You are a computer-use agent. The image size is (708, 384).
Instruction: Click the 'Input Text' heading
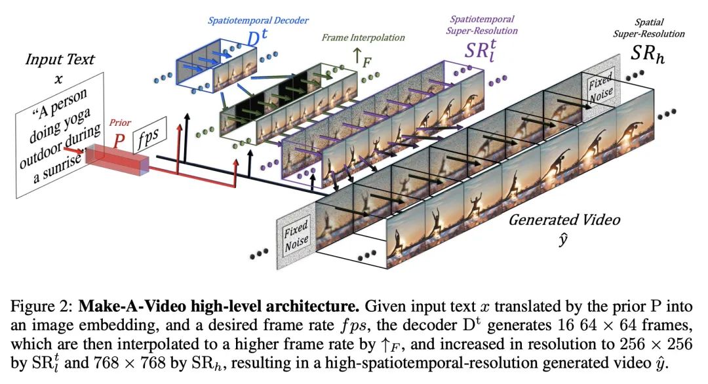60,59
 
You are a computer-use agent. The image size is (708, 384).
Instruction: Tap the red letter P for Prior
119,140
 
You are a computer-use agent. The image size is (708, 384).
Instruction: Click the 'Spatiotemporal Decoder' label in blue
258,20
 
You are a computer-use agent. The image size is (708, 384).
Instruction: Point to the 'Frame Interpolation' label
363,37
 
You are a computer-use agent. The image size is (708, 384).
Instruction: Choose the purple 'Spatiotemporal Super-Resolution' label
482,25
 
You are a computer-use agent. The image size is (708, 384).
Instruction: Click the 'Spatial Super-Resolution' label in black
649,28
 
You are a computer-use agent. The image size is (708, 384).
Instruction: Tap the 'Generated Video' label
564,220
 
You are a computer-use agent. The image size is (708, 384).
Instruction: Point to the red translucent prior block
117,160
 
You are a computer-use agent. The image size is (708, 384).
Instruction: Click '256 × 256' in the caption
656,344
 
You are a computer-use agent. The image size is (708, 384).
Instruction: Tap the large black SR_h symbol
648,54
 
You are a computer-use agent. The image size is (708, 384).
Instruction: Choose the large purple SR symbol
480,50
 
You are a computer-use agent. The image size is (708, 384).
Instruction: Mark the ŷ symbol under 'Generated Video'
562,240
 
